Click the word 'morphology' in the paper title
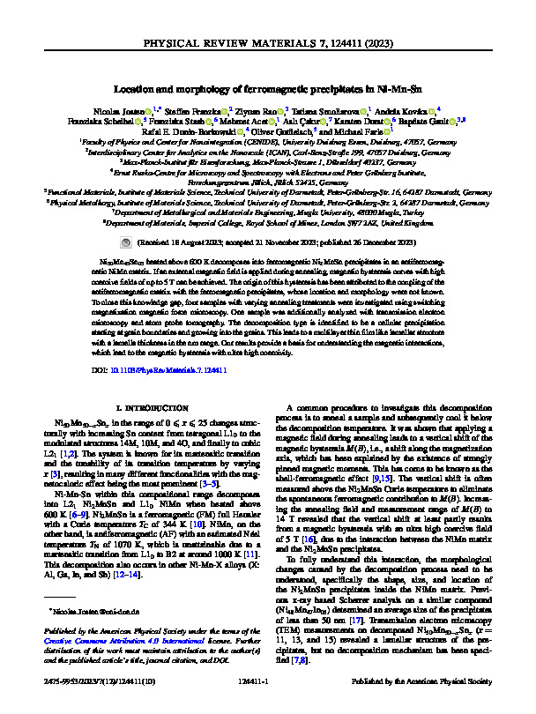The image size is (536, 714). (208, 88)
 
